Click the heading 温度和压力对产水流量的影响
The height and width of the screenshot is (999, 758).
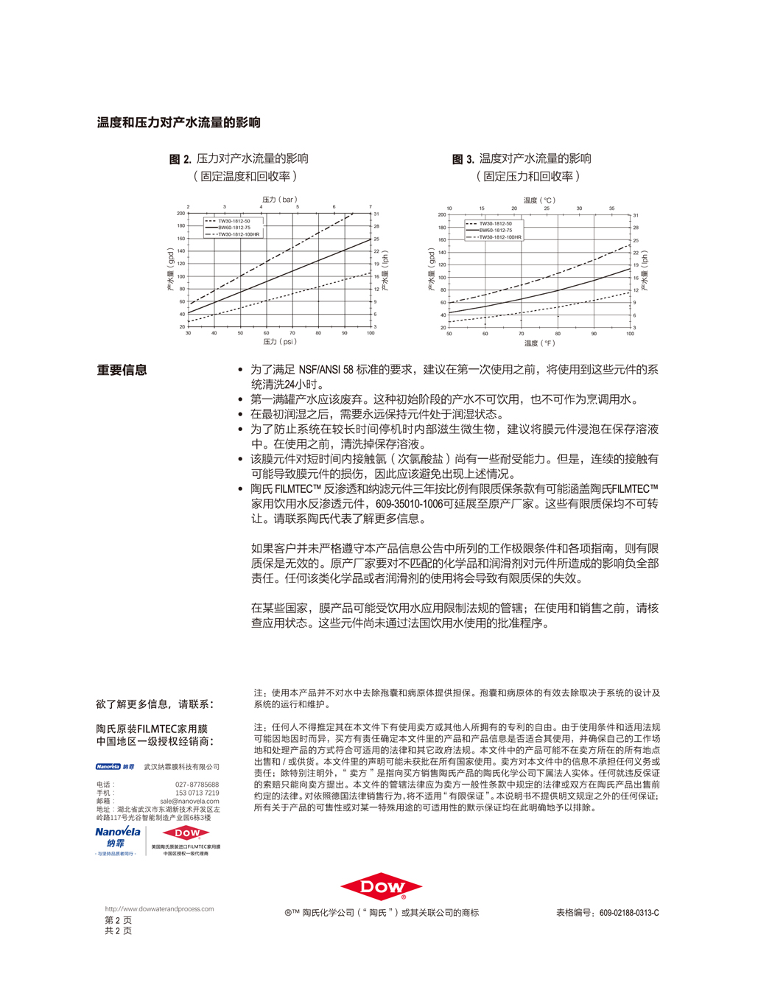179,122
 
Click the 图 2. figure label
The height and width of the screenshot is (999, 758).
180,159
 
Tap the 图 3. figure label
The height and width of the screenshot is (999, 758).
463,159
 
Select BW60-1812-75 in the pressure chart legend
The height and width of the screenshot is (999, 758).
234,228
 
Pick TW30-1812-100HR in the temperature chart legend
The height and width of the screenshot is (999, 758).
500,237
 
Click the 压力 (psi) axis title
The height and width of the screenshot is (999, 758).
279,342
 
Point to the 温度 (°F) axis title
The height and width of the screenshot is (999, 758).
539,343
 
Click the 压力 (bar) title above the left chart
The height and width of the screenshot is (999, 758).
279,200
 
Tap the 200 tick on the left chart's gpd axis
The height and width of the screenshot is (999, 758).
180,213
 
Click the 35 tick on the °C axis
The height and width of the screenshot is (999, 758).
611,208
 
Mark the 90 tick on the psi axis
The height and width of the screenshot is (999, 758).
344,333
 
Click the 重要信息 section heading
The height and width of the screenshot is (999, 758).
122,370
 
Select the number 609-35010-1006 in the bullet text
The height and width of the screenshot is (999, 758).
410,504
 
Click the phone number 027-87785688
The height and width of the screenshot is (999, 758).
197,785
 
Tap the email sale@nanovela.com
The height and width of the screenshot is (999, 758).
189,801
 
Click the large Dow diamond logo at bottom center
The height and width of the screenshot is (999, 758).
381,888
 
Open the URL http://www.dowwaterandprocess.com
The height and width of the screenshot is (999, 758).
159,909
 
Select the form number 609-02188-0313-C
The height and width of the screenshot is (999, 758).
629,913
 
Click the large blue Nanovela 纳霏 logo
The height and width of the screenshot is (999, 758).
117,837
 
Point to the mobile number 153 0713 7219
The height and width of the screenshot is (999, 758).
197,793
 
